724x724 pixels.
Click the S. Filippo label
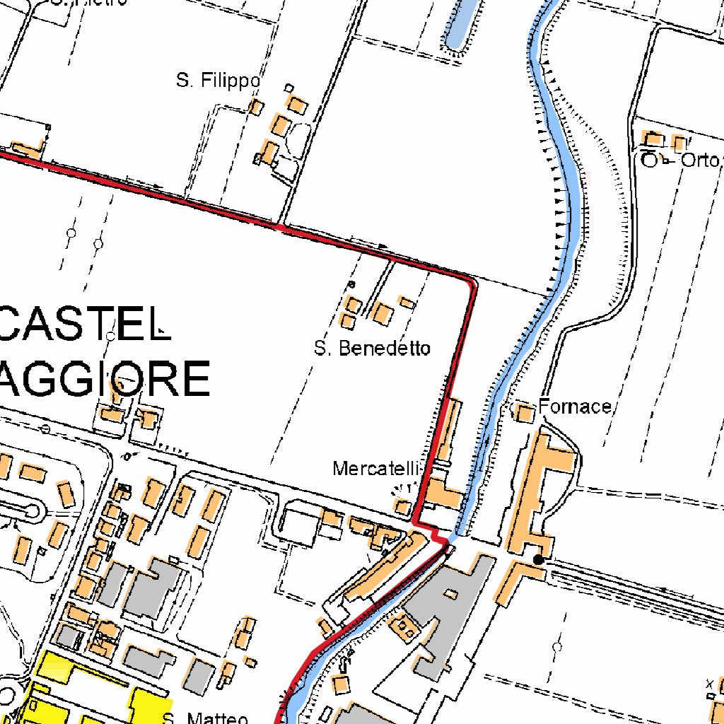point(218,81)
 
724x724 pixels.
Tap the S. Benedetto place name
point(372,348)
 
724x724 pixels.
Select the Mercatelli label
point(377,468)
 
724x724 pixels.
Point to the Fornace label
point(574,407)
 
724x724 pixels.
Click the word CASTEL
point(85,325)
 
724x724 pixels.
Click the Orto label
point(699,160)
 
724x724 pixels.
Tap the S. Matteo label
point(206,718)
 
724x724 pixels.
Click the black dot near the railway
point(538,559)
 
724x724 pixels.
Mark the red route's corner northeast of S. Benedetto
point(472,281)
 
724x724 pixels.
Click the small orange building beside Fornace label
point(525,412)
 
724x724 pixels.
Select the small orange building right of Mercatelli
point(402,507)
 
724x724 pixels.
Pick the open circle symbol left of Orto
point(649,160)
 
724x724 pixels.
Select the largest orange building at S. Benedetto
point(382,313)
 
